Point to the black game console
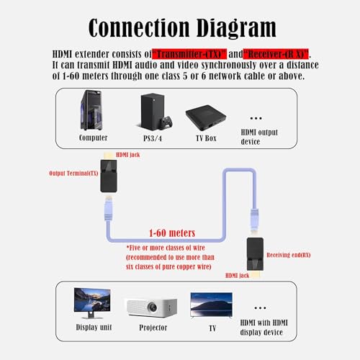pyautogui.click(x=152, y=111)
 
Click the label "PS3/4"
pyautogui.click(x=152, y=137)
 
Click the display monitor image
pyautogui.click(x=92, y=302)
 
